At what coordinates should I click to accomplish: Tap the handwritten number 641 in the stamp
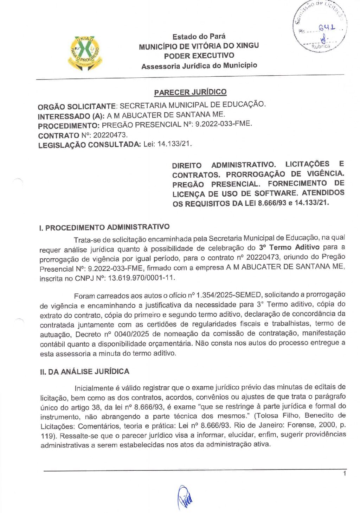coord(327,28)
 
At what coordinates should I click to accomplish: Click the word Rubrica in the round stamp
coord(321,46)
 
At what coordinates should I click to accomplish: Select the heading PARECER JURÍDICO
coord(190,92)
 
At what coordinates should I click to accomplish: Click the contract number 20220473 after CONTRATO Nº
coord(110,135)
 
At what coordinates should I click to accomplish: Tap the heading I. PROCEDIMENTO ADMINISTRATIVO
coord(104,227)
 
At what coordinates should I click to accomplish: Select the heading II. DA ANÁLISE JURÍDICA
coord(84,372)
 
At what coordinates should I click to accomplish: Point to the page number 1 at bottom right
coord(345,474)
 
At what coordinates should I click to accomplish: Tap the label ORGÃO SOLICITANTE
coord(77,106)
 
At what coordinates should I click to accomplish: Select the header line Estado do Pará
coord(199,36)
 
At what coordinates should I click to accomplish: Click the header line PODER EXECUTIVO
coord(199,56)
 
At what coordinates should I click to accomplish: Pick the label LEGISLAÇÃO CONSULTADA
coord(89,145)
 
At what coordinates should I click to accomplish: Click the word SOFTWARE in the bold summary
coord(275,193)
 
